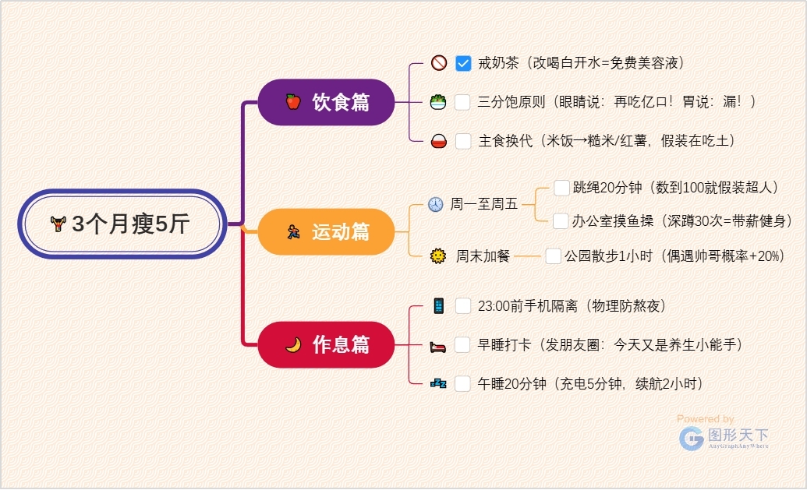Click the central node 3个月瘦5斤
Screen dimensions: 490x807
(122, 224)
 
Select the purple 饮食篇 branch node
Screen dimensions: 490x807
(327, 102)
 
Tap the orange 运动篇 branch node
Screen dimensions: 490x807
(327, 231)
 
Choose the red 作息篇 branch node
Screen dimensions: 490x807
(327, 344)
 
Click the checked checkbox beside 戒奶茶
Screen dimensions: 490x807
(463, 63)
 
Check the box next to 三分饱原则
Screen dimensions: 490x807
(463, 102)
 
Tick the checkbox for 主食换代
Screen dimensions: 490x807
(463, 141)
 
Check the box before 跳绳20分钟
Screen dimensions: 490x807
(561, 188)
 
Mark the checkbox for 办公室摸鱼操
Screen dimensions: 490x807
(561, 221)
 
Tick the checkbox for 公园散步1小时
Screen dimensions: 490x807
(553, 256)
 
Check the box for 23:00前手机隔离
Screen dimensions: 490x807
(462, 305)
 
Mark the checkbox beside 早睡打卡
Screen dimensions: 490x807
(462, 344)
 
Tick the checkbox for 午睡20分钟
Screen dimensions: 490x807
(462, 383)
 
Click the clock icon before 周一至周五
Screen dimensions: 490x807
(435, 205)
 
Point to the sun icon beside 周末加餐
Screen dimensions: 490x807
(437, 256)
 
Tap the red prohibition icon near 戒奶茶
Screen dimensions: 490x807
(438, 63)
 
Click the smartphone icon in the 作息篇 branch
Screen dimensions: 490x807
(438, 305)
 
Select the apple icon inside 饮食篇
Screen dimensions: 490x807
(293, 102)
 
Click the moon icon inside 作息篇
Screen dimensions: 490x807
(293, 344)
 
